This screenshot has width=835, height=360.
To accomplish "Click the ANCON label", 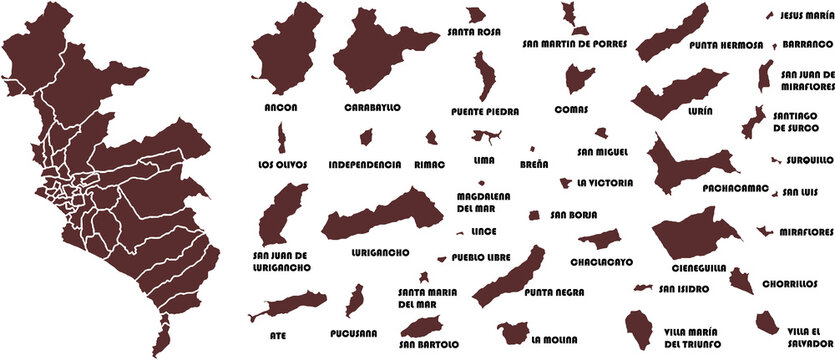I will pyautogui.click(x=281, y=107).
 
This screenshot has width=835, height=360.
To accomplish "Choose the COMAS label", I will pyautogui.click(x=572, y=109).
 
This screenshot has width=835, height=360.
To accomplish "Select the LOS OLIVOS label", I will pyautogui.click(x=283, y=163).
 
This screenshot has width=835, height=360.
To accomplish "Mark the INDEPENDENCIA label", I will pyautogui.click(x=365, y=163).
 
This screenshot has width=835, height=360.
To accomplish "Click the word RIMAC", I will pyautogui.click(x=429, y=163).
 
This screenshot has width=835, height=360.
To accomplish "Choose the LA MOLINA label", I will pyautogui.click(x=556, y=338).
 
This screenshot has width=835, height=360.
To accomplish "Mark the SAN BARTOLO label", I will pyautogui.click(x=429, y=345).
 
